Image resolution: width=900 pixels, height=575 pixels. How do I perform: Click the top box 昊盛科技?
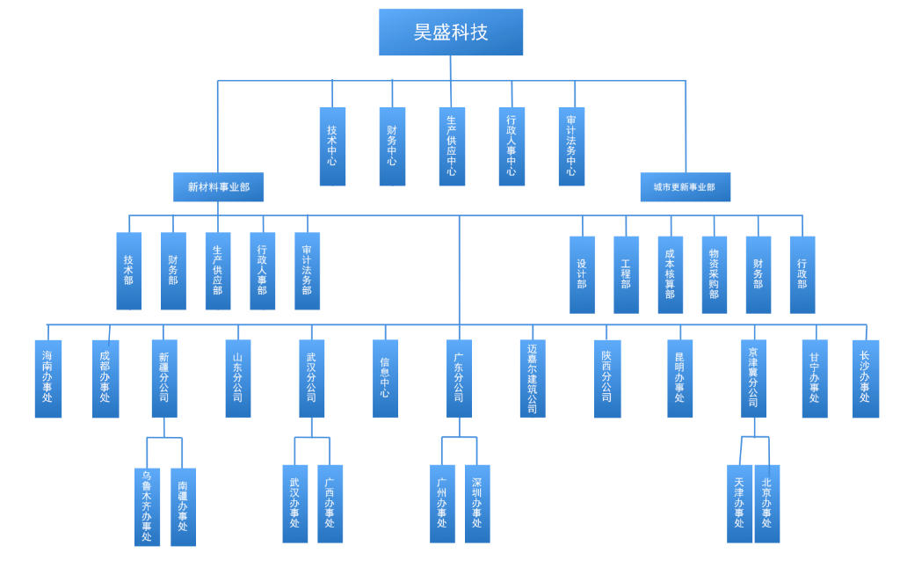(451, 33)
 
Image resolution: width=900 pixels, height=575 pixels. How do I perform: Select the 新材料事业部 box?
(218, 187)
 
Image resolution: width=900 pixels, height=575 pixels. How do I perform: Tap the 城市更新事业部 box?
(685, 187)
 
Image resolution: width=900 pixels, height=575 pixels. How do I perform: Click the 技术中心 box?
(332, 146)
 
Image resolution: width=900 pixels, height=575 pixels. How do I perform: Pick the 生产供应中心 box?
(452, 146)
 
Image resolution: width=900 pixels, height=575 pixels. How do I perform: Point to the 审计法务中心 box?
(571, 146)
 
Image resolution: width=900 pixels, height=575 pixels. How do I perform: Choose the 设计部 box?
(582, 274)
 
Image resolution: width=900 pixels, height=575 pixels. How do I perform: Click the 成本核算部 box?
(670, 274)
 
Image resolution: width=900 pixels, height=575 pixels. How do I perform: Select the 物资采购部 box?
(714, 274)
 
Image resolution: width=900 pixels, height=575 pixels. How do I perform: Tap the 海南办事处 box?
(48, 378)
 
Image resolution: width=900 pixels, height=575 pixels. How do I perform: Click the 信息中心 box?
(385, 378)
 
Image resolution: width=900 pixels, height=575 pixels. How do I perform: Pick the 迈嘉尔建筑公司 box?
(533, 378)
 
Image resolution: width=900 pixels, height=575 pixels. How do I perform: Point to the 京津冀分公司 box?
(753, 378)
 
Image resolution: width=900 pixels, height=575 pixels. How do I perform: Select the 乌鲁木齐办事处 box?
(147, 506)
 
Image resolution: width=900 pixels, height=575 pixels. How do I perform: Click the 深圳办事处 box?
(477, 503)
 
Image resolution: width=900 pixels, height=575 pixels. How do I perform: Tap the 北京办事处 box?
(766, 503)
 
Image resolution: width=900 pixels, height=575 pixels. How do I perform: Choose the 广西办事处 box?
(330, 503)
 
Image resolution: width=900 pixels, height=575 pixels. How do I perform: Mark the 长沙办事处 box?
(865, 378)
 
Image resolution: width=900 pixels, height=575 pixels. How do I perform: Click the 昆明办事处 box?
(679, 378)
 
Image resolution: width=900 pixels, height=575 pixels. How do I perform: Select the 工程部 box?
(626, 274)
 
